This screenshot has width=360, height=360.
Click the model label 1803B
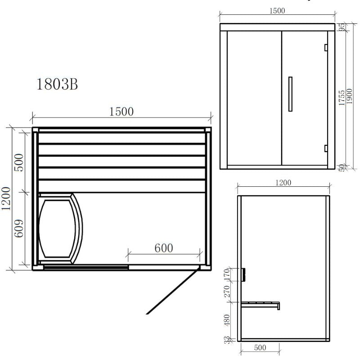(57, 84)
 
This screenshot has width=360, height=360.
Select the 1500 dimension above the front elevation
(277, 11)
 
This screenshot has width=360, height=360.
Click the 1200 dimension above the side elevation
(283, 182)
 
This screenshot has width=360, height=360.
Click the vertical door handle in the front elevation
(290, 94)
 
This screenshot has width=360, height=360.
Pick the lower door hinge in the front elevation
(325, 148)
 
